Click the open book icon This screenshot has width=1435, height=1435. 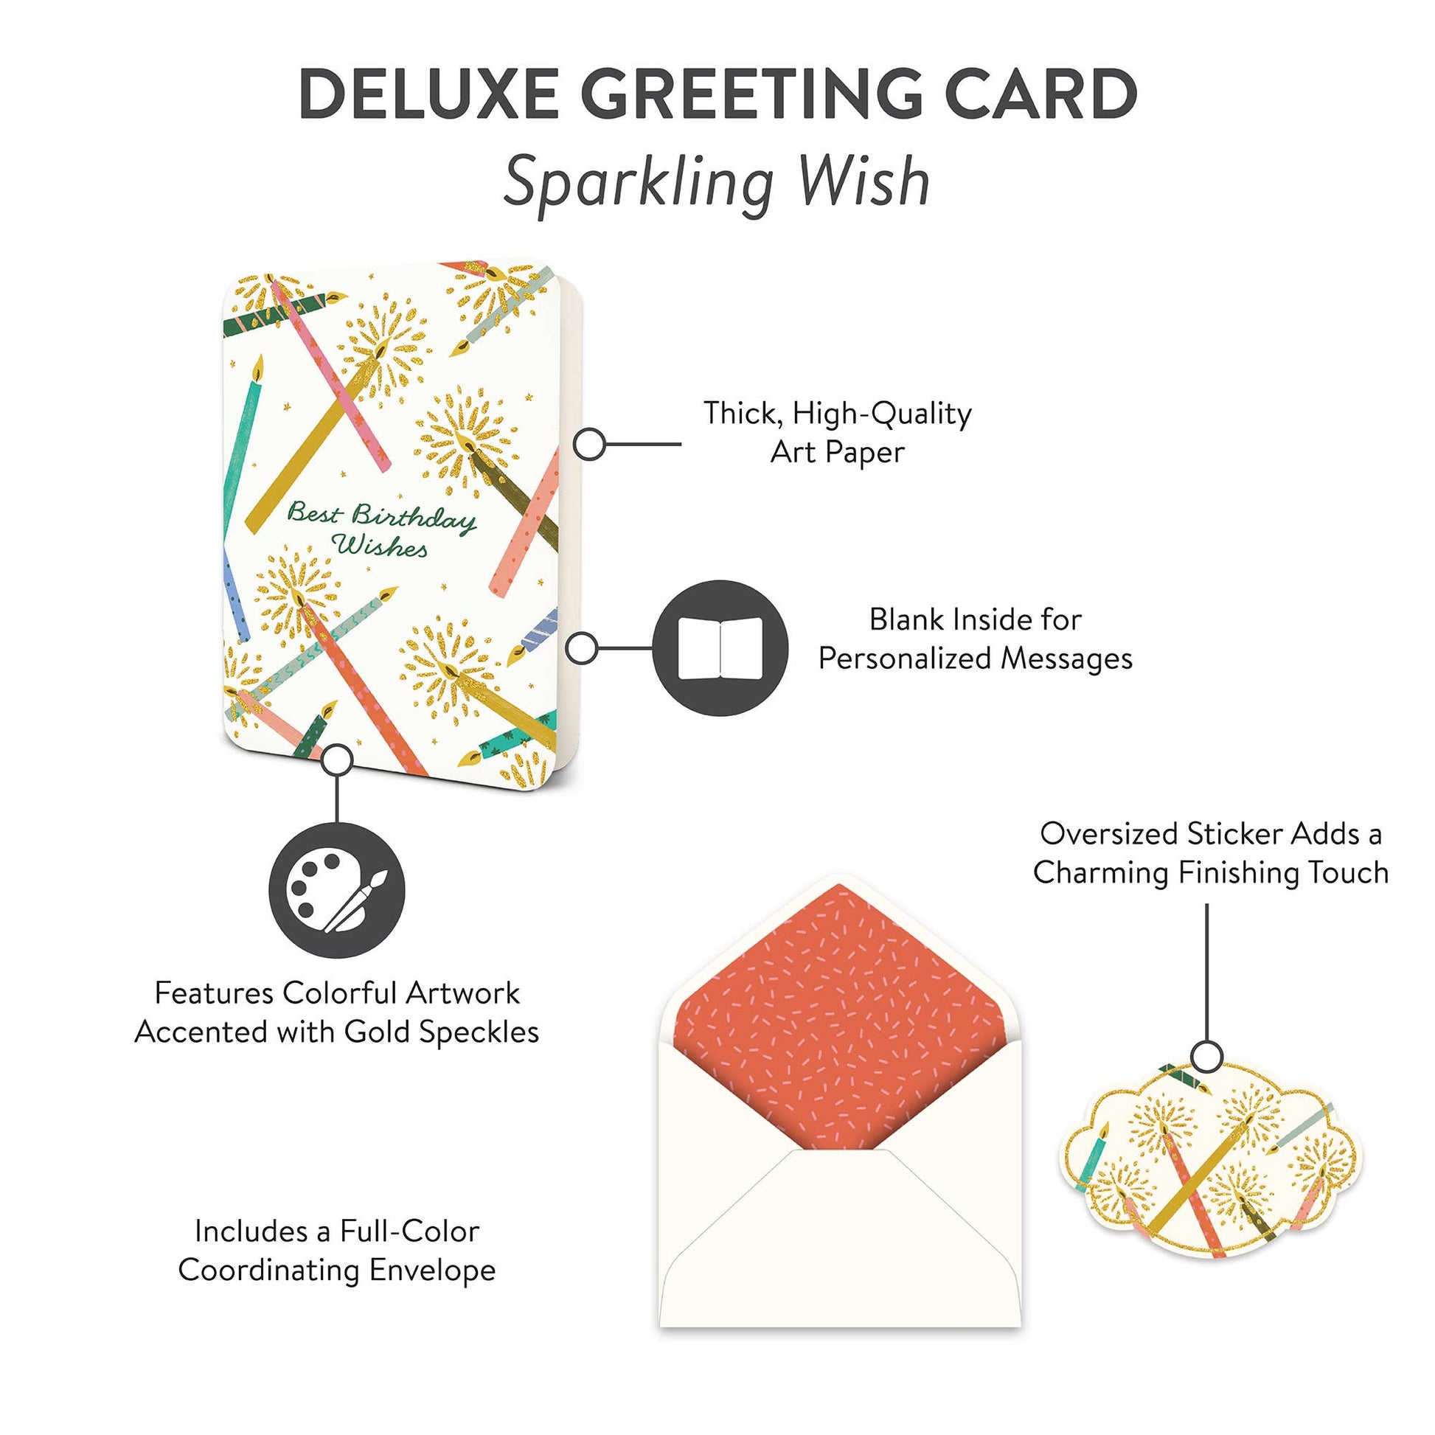tap(720, 648)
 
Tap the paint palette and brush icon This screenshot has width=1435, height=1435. tap(336, 891)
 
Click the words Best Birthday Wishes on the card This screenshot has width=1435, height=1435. tap(381, 529)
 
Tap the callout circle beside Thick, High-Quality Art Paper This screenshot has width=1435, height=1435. tap(589, 444)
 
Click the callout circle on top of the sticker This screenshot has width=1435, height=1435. tap(1207, 1055)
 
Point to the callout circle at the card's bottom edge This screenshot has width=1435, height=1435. tap(338, 760)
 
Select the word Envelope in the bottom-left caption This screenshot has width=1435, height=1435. tap(432, 1271)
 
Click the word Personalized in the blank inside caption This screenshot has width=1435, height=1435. tap(908, 658)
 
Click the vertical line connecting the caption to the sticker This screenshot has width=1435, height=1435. tap(1207, 965)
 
